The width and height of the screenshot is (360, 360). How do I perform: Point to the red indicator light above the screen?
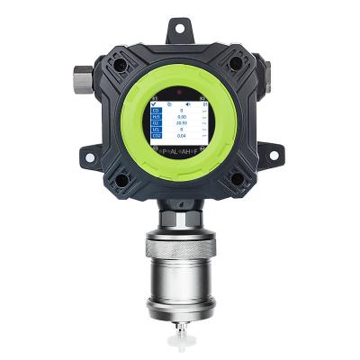pos(180,92)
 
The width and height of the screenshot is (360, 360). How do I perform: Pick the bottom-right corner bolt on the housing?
pos(238,177)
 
